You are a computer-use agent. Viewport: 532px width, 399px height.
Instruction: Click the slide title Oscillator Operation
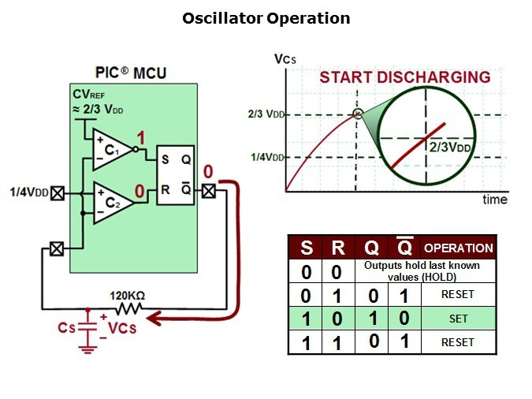point(266,17)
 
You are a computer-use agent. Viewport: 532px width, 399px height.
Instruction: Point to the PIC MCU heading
point(132,74)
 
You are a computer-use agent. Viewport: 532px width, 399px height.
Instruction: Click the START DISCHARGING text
point(404,77)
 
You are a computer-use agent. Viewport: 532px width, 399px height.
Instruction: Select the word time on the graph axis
point(494,199)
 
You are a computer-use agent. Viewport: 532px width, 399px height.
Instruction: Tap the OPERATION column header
point(459,248)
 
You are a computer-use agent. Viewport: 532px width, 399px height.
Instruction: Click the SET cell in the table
point(459,319)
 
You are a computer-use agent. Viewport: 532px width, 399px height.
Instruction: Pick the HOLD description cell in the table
point(422,271)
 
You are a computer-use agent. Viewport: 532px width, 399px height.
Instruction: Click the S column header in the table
point(307,248)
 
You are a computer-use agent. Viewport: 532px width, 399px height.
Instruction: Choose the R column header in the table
point(337,248)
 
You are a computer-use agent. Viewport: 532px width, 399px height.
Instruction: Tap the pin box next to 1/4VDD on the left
point(57,192)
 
